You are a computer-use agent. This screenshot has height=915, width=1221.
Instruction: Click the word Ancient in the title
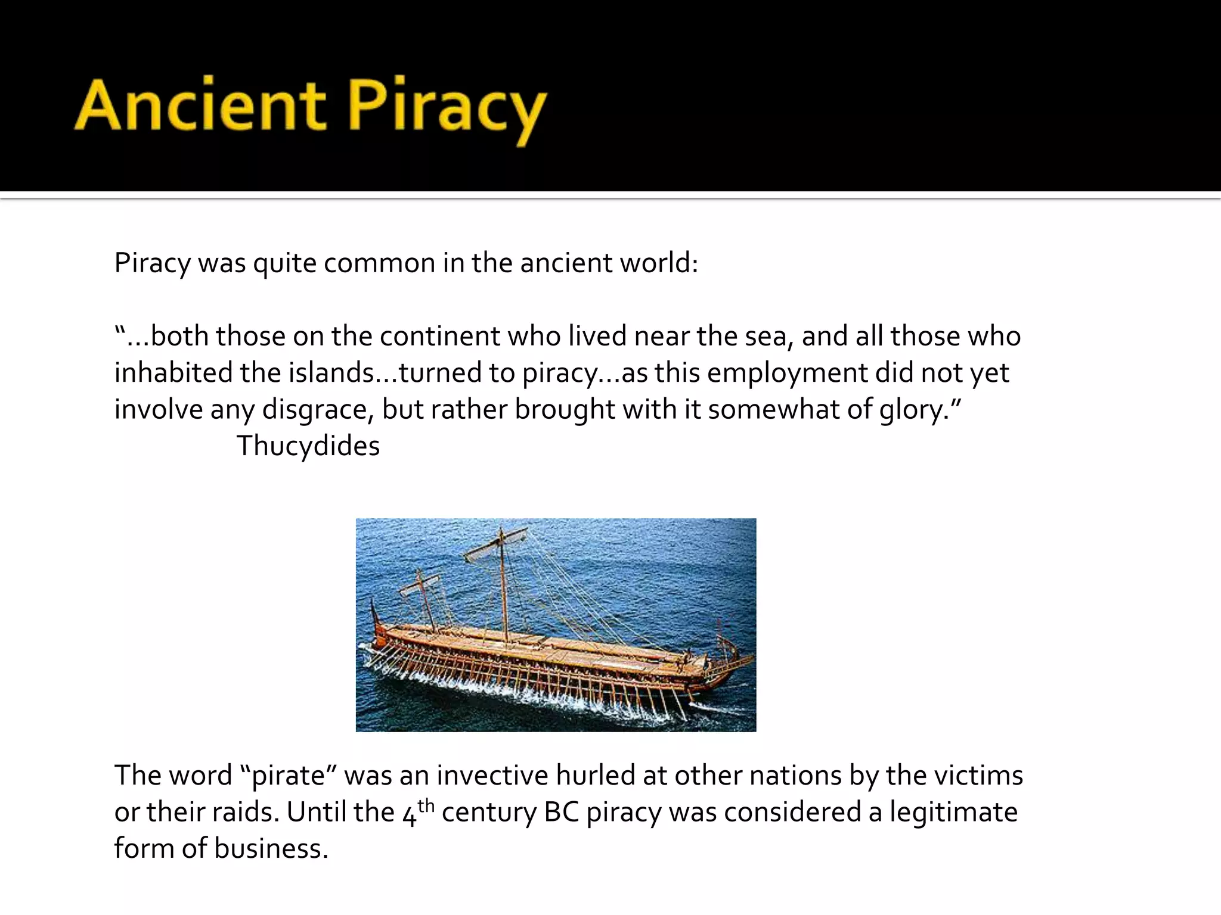pyautogui.click(x=200, y=106)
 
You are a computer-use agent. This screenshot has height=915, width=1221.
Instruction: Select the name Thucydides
pyautogui.click(x=308, y=446)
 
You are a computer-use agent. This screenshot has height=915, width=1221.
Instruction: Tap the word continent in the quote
pyautogui.click(x=440, y=336)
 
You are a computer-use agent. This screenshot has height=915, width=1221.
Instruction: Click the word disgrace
pyautogui.click(x=318, y=410)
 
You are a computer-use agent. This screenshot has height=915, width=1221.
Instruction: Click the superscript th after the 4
pyautogui.click(x=426, y=806)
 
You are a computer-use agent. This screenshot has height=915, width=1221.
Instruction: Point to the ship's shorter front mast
pyautogui.click(x=426, y=602)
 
